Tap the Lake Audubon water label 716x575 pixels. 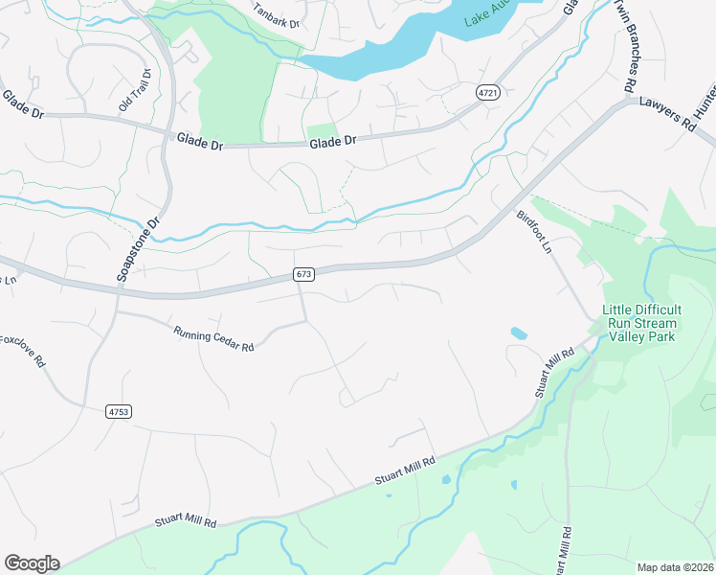pos(488,17)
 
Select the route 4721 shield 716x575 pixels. pos(488,92)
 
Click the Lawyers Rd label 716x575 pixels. pos(666,113)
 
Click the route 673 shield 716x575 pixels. pos(303,275)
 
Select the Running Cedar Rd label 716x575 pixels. pos(213,338)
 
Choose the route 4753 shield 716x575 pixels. pos(118,411)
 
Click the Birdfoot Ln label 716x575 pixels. pos(535,232)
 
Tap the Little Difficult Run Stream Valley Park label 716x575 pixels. pos(642,323)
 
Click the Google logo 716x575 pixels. pos(32,563)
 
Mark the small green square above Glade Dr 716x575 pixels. pos(322,132)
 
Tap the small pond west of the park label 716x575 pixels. pos(519,333)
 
